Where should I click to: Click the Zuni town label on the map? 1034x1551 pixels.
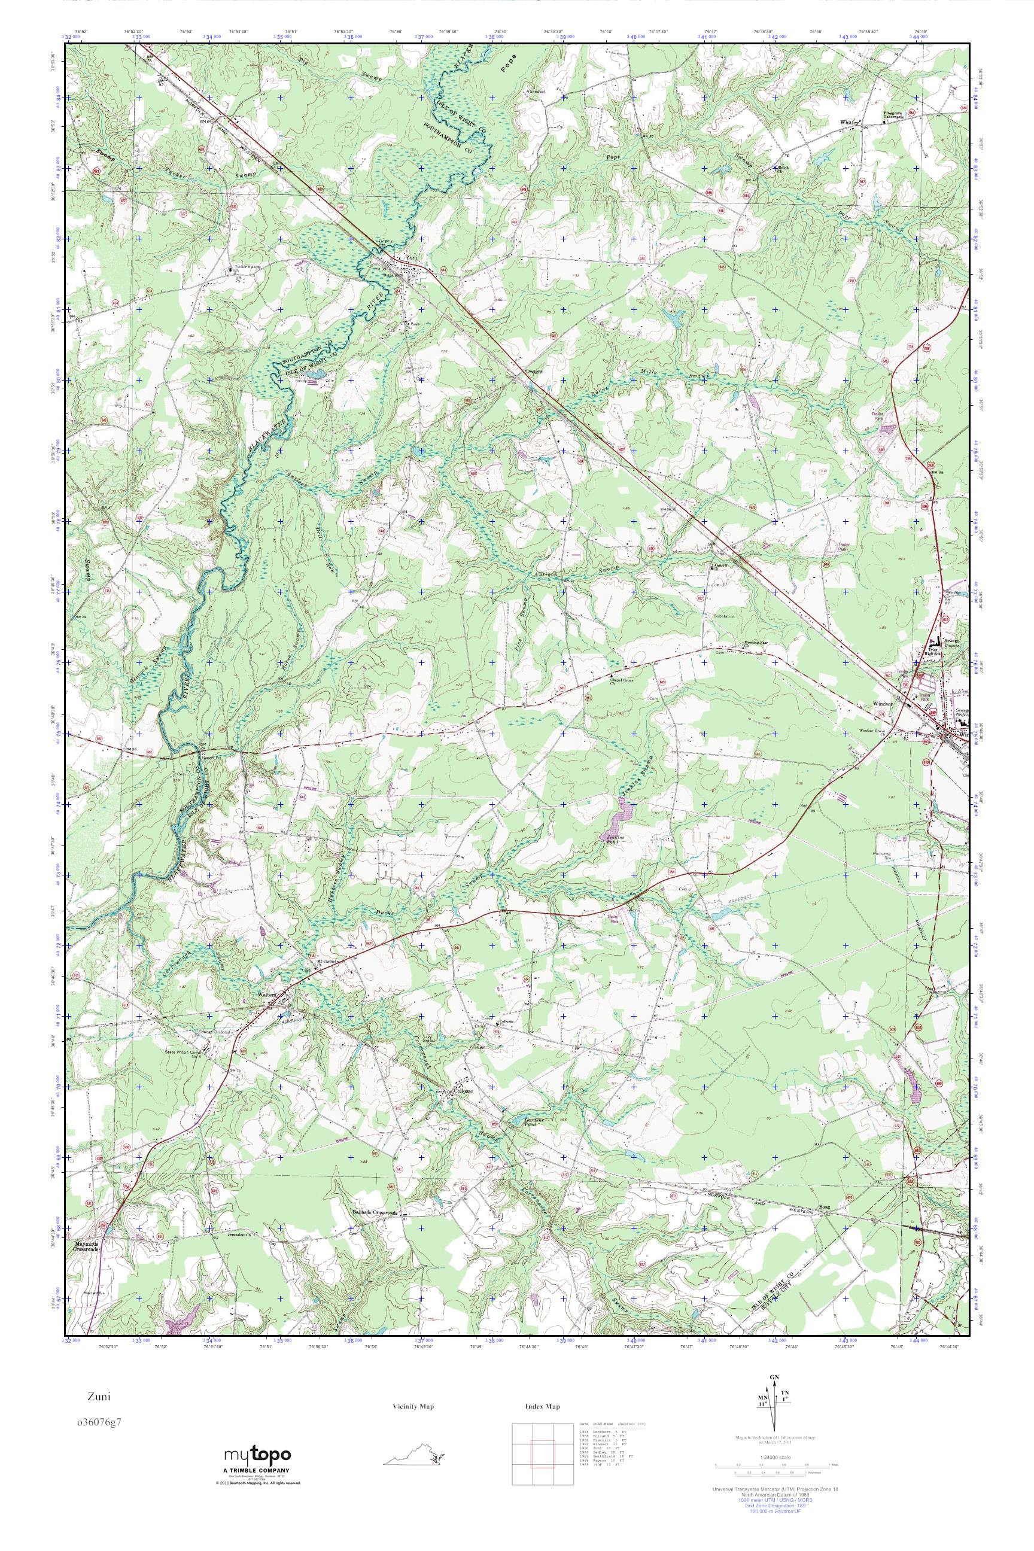pyautogui.click(x=412, y=258)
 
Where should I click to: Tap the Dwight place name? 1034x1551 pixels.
pyautogui.click(x=534, y=371)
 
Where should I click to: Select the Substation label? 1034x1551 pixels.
pyautogui.click(x=724, y=616)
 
